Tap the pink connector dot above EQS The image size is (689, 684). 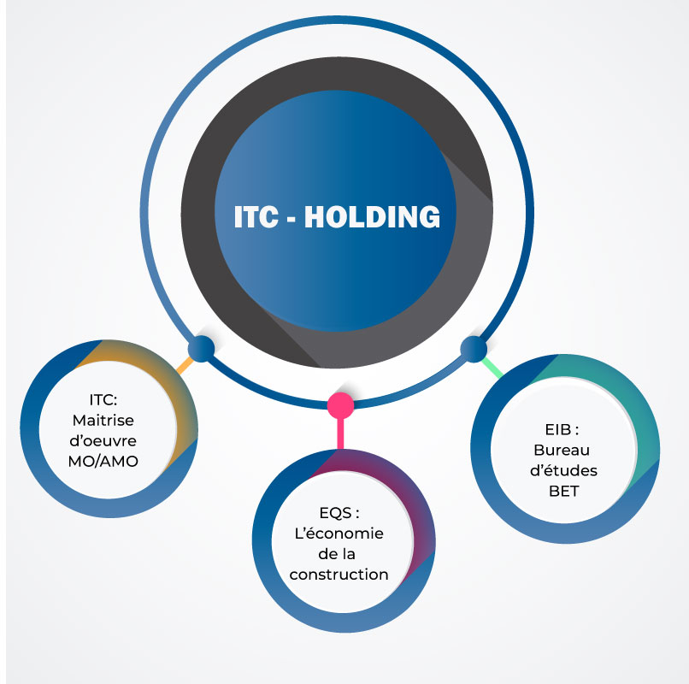(340, 404)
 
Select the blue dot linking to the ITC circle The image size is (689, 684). (201, 348)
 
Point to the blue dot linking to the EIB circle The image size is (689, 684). (473, 348)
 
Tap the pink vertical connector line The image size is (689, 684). (340, 432)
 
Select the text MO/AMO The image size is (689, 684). (104, 461)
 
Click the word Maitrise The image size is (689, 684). (104, 420)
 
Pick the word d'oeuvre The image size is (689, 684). (104, 440)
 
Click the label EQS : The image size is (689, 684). (339, 513)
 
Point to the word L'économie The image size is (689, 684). (339, 534)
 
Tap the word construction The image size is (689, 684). (339, 575)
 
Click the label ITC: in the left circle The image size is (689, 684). (104, 399)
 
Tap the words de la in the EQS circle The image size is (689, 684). (339, 554)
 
